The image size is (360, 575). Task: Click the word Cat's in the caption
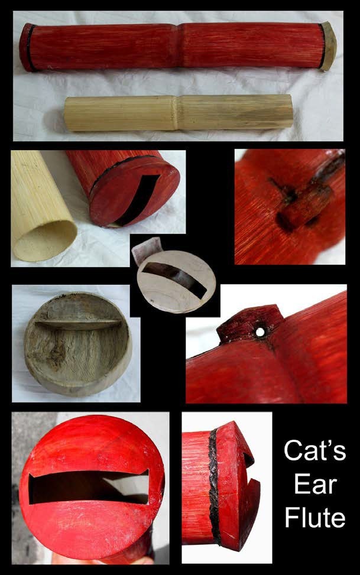pos(315,450)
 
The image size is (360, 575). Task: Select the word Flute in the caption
pos(315,517)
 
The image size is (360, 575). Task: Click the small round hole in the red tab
pos(260,332)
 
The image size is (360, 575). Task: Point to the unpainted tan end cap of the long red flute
pos(329,46)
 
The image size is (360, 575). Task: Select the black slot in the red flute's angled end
pos(138,199)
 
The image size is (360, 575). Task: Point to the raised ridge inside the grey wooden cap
pos(78,323)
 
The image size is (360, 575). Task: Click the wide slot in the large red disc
pos(89,487)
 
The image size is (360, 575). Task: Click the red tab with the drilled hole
pos(251,322)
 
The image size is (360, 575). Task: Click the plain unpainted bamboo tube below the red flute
pos(179,113)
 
